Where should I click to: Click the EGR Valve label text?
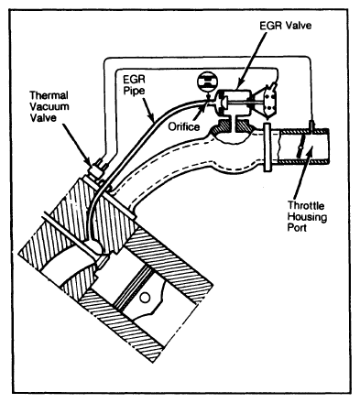[286, 26]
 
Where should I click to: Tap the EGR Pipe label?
[134, 85]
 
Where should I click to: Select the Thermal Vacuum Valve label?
[49, 106]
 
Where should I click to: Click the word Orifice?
[184, 126]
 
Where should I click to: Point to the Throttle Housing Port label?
[307, 216]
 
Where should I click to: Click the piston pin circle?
[145, 297]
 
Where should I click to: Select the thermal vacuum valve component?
[97, 171]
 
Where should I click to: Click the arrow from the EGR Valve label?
[251, 59]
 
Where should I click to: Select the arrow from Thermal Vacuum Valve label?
[77, 143]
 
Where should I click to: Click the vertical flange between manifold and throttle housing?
[267, 147]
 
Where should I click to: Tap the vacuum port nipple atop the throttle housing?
[312, 125]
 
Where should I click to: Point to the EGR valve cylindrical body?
[235, 100]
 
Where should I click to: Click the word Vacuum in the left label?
[49, 106]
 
